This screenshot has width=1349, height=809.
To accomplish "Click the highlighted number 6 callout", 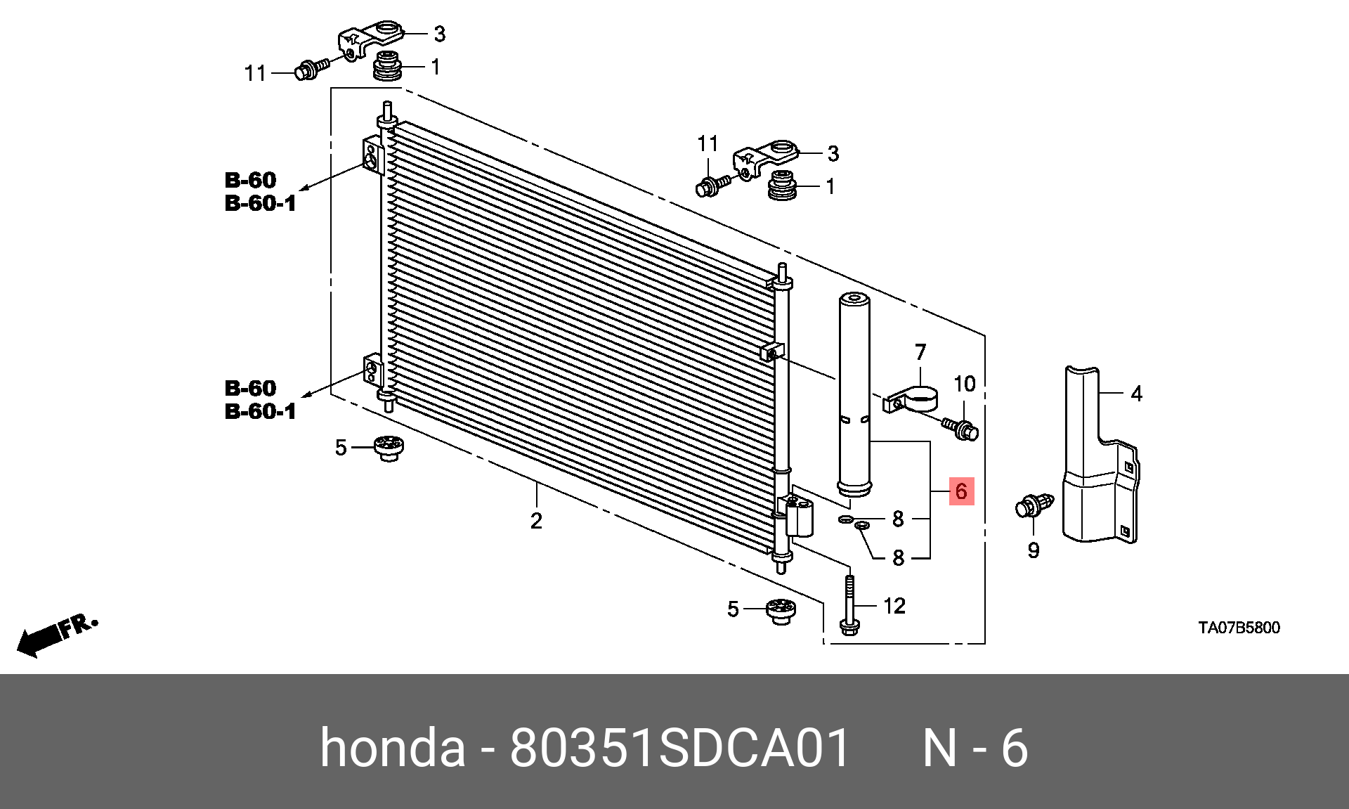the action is [960, 491].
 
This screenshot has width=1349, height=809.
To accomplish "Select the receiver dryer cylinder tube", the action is [854, 394].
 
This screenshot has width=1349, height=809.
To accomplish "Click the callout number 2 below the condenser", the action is [536, 521].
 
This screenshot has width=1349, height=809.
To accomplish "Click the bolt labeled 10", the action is [961, 427].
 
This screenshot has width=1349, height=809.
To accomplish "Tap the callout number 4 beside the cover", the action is [1136, 394].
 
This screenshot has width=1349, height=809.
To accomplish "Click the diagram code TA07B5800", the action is [1239, 628].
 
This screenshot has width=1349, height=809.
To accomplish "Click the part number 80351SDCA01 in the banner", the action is [679, 748].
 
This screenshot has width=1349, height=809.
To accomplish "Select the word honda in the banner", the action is [392, 748].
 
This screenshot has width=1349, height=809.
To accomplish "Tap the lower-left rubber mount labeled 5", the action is [388, 448].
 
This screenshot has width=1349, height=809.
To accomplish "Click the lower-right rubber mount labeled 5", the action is [780, 610].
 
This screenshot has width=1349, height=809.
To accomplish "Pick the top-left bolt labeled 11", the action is [311, 69].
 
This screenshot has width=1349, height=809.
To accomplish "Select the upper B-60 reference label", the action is [251, 180].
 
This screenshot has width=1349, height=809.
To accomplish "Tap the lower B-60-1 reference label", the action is [260, 411].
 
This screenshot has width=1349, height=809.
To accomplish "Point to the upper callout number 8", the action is [898, 519].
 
